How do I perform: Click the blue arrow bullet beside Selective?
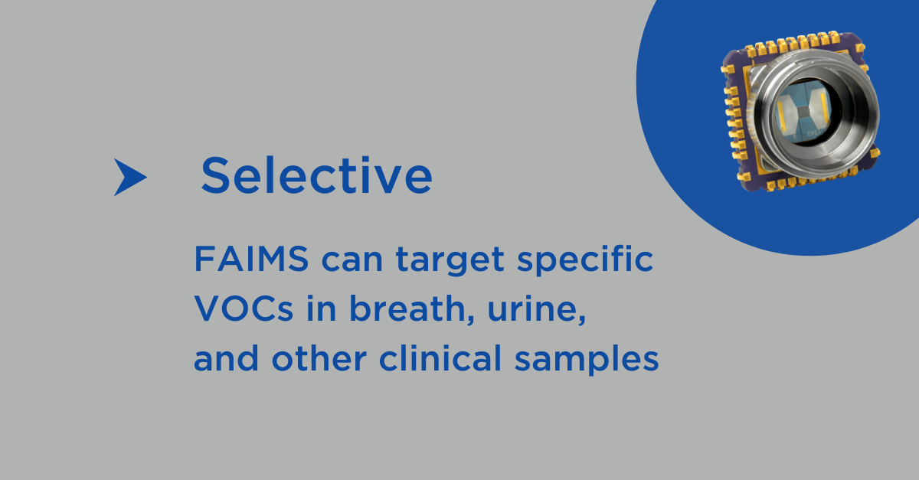coord(128,177)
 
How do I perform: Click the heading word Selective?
coord(317,175)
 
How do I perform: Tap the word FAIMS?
coord(251,259)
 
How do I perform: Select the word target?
coord(450,260)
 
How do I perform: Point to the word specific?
coord(585,260)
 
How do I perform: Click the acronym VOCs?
coord(244,309)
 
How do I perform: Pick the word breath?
coord(411,308)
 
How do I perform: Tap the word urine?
coord(537,309)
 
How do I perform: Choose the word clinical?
coord(440,358)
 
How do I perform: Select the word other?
coord(319,358)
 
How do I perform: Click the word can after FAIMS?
coord(352,262)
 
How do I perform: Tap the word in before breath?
coord(321,309)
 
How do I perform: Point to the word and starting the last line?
coord(226,358)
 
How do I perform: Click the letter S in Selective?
coord(215,175)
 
